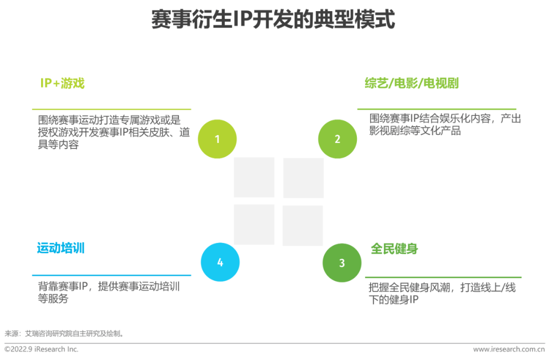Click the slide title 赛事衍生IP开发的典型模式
[x=273, y=20]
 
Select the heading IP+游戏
[x=63, y=83]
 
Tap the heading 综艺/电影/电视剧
[x=411, y=83]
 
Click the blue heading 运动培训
[x=60, y=248]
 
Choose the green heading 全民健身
[x=394, y=249]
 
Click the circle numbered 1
[x=217, y=139]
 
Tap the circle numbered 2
[x=338, y=139]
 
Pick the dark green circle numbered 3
[x=342, y=263]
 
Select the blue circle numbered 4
[x=220, y=262]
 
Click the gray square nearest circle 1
[x=254, y=177]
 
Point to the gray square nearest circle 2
[x=303, y=177]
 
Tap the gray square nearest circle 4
[x=254, y=224]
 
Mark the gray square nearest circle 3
[x=302, y=225]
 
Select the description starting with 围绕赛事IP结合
[x=445, y=125]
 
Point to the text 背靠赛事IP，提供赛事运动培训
[x=109, y=292]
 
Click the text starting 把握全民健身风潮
[x=442, y=294]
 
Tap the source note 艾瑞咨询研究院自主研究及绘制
[x=65, y=334]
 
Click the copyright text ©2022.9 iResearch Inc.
[x=42, y=349]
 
